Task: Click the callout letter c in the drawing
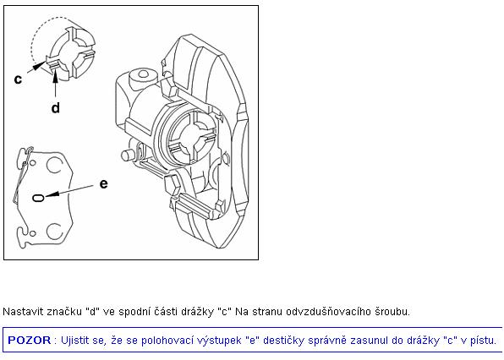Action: tap(18, 79)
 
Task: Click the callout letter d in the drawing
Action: tap(56, 107)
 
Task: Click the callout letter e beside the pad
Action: tap(103, 183)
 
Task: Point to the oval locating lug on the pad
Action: tap(38, 198)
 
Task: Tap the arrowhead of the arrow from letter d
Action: tap(56, 73)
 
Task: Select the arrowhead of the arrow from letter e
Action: tap(52, 194)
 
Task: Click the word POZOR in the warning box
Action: tap(30, 340)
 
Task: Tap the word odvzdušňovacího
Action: tap(329, 312)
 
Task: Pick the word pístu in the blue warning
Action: tap(483, 340)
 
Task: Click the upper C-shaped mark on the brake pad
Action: tap(54, 165)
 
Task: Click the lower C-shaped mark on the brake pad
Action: tap(54, 232)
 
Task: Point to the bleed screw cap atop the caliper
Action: tap(142, 76)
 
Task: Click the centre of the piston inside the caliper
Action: tap(191, 137)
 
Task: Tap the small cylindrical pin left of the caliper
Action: tap(129, 155)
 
